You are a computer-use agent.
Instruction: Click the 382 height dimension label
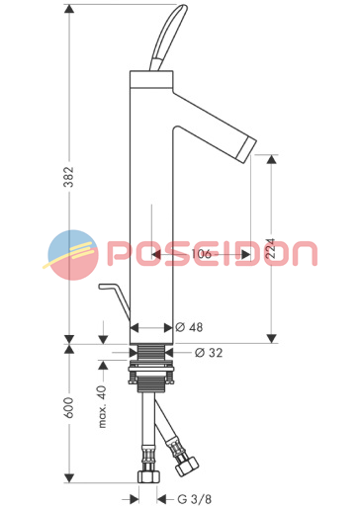(69, 177)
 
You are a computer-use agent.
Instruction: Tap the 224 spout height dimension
(271, 248)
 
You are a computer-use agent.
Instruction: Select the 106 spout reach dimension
(201, 254)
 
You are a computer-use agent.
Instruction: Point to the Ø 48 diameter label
(189, 327)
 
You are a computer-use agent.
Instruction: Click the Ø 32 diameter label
(209, 353)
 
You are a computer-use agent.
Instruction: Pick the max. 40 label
(103, 406)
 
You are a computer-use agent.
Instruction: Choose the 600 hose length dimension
(69, 408)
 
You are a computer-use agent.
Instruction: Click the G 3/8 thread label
(195, 499)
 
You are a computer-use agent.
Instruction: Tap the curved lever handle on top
(167, 37)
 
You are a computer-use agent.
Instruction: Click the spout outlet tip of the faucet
(249, 150)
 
